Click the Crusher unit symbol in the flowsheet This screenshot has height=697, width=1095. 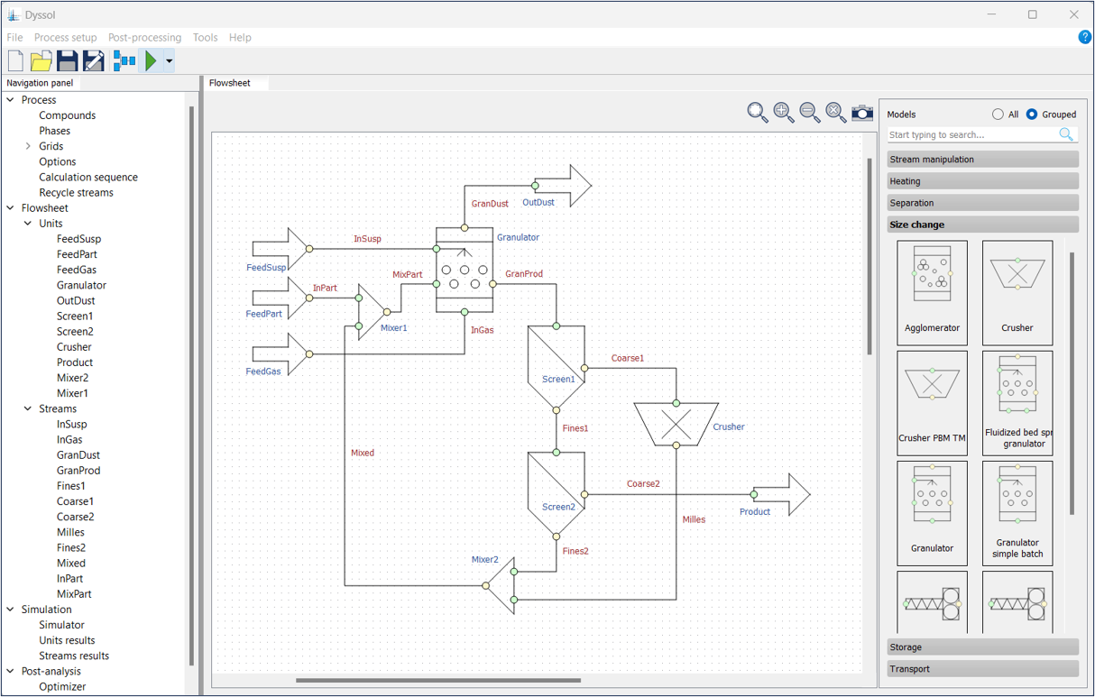click(676, 423)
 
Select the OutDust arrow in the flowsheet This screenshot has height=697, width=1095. click(563, 186)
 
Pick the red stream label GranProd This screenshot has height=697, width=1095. click(524, 273)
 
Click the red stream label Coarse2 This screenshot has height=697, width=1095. click(643, 484)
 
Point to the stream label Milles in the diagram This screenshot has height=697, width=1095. click(694, 519)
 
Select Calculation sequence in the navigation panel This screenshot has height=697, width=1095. click(88, 177)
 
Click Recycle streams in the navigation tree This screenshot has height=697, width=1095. click(76, 192)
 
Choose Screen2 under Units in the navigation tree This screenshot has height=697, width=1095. click(75, 331)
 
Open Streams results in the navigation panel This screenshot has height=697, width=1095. click(74, 656)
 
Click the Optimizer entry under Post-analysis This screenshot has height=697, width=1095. click(62, 686)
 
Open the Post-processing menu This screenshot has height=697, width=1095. click(144, 38)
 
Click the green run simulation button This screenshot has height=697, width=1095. click(151, 61)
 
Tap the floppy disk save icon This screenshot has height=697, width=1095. click(67, 61)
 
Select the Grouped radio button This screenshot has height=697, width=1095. click(1032, 115)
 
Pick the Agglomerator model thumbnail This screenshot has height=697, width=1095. click(932, 292)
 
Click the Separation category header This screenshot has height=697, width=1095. click(982, 203)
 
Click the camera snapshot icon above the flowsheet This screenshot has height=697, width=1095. click(862, 112)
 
